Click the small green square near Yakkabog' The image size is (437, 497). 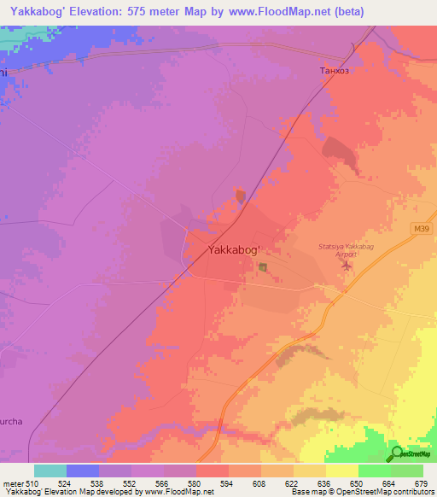click(x=263, y=268)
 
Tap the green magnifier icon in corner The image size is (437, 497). click(x=397, y=453)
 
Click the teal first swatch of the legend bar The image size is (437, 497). click(x=50, y=471)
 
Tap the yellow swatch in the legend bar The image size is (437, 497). click(x=341, y=471)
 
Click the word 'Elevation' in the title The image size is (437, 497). click(x=106, y=11)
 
